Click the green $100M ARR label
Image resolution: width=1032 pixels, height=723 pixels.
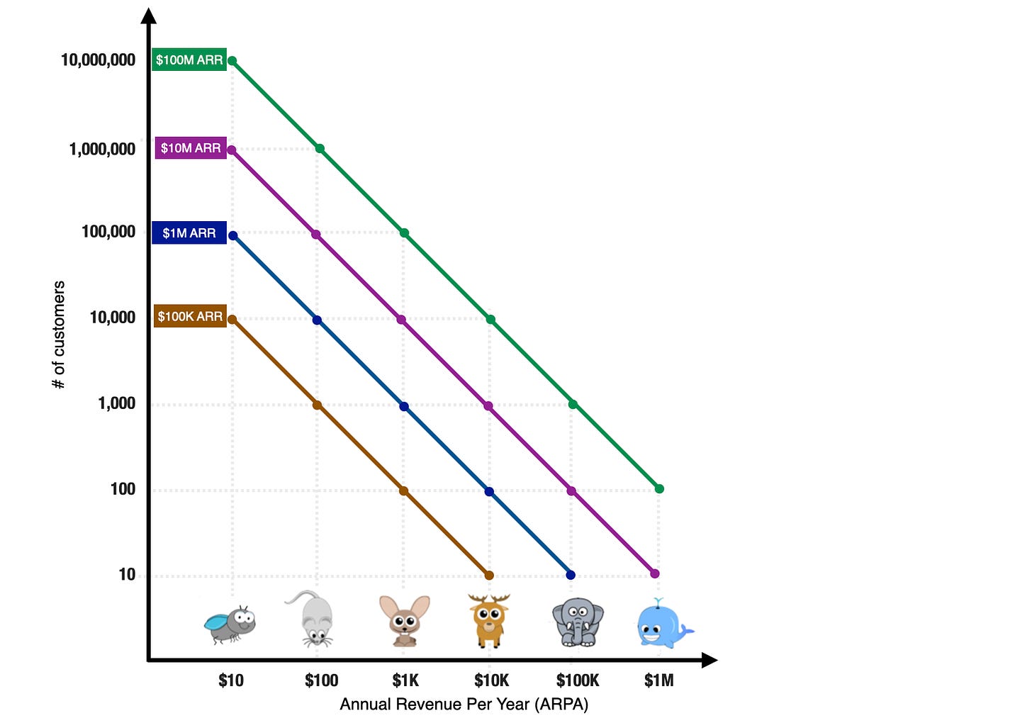click(189, 60)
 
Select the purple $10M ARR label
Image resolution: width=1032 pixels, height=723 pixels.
click(191, 148)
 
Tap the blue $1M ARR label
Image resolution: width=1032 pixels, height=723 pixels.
click(189, 233)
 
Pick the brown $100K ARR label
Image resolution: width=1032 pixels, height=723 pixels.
click(190, 316)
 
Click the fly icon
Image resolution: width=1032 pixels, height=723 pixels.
click(230, 623)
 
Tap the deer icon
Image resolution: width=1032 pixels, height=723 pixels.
click(489, 620)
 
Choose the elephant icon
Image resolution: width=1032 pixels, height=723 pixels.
click(578, 622)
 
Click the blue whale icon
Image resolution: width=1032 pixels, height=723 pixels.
click(663, 624)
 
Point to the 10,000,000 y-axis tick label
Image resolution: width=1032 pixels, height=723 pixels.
click(98, 60)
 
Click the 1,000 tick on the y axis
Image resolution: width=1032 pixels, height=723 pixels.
click(116, 403)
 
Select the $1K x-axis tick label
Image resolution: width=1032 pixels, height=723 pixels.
click(405, 680)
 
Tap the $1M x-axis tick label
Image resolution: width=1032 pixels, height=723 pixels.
click(658, 680)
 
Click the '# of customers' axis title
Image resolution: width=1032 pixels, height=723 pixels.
click(59, 335)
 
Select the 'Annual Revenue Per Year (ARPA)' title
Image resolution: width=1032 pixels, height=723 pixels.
click(464, 704)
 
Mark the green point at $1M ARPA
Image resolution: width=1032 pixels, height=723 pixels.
click(659, 489)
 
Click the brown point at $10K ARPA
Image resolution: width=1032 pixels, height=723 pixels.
click(489, 576)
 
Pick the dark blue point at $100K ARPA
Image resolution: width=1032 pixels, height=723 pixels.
click(571, 575)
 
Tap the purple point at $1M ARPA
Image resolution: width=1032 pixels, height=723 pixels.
click(655, 573)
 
